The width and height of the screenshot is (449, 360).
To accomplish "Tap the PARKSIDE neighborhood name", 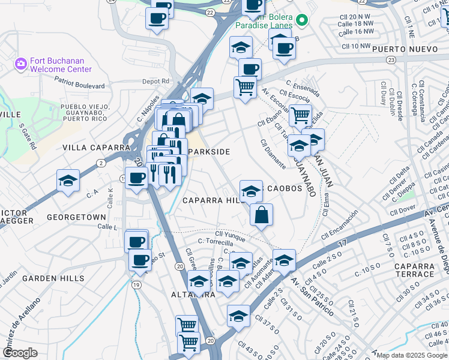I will pos(208,152).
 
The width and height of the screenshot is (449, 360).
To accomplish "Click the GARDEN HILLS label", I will pos(53,278).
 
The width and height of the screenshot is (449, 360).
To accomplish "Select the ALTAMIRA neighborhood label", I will pos(193,295).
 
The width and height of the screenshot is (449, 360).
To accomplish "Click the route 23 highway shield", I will pos(391,60).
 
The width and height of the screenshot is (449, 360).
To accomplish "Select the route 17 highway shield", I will pos(343,243).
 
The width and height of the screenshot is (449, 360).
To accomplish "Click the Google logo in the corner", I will pos(20,353).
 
